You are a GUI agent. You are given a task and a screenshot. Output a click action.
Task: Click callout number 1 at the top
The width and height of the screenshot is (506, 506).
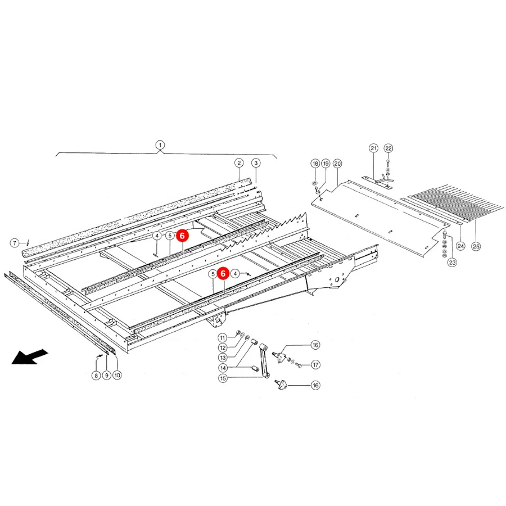[160, 145]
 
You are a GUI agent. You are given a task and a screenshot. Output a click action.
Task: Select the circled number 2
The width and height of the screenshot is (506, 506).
[239, 163]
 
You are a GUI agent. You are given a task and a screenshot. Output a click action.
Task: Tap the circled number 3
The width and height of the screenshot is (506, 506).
[256, 163]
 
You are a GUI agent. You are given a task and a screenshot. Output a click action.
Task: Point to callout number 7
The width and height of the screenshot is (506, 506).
[15, 243]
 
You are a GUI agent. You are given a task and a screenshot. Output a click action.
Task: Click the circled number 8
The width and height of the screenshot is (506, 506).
[96, 376]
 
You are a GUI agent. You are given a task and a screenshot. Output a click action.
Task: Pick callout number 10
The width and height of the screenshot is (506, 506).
[117, 376]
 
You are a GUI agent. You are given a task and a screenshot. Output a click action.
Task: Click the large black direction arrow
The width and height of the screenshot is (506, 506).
[30, 356]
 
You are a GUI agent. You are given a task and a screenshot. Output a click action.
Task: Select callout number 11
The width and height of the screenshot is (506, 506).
[222, 338]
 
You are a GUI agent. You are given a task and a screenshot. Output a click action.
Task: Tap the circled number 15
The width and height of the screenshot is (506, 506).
[223, 378]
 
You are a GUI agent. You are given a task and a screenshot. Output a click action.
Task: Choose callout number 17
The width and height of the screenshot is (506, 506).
[315, 365]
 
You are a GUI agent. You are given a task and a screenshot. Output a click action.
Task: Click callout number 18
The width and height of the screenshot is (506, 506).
[315, 163]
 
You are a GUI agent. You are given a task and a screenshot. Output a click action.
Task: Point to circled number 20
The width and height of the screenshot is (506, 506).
[337, 164]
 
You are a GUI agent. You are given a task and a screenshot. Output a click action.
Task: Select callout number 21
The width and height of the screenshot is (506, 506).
[373, 148]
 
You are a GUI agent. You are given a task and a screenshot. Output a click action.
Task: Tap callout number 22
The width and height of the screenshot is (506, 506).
[388, 148]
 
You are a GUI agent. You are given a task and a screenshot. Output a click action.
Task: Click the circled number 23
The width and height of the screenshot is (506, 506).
[452, 263]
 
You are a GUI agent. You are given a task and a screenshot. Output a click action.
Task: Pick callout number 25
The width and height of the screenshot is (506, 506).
[476, 247]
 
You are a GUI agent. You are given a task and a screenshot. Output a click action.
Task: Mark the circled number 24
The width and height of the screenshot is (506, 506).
[460, 246]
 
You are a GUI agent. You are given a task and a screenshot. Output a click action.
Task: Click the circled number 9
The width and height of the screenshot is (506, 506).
[106, 376]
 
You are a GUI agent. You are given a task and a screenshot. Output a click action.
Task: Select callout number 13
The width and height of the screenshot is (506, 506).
[223, 358]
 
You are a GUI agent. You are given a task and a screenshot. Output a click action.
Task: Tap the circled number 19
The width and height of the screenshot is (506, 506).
[326, 163]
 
